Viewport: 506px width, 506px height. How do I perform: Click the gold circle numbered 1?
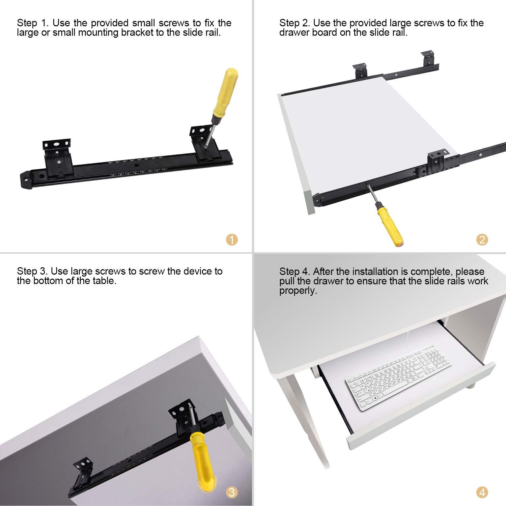click(x=232, y=240)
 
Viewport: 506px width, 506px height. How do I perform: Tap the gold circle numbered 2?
click(x=482, y=240)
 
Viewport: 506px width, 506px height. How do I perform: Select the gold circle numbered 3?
click(x=231, y=493)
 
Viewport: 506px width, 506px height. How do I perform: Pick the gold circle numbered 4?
click(x=482, y=493)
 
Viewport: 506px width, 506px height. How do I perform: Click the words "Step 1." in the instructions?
click(x=33, y=23)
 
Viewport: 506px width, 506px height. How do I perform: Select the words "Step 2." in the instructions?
click(x=296, y=23)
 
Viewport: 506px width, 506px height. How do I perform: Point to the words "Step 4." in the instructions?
click(x=295, y=272)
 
